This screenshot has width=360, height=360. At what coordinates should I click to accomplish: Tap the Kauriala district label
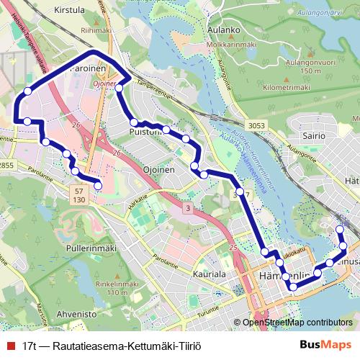(x=210, y=274)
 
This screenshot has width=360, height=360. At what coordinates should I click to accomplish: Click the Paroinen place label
(x=89, y=70)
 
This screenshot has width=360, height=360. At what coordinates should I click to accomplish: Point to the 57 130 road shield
(x=78, y=194)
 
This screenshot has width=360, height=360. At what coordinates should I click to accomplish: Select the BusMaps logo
(x=325, y=346)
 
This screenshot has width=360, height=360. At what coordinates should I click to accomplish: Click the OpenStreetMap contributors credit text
(x=297, y=323)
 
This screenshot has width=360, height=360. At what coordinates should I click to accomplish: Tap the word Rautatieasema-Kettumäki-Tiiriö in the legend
(x=116, y=346)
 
